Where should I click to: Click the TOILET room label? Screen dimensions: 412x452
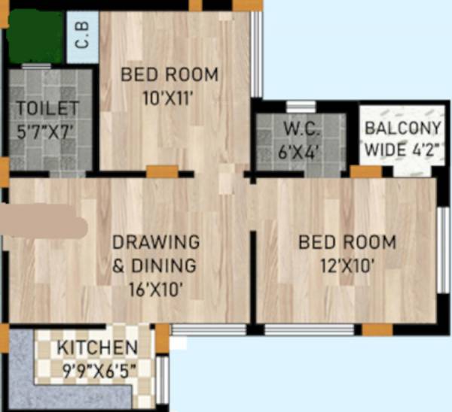(x=47, y=109)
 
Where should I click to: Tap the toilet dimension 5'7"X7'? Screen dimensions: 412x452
(x=47, y=129)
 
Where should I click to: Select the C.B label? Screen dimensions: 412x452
(x=82, y=38)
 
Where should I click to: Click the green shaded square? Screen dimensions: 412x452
(x=35, y=36)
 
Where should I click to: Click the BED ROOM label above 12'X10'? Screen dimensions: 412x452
(x=347, y=243)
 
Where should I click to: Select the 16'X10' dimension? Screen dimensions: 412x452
(x=156, y=287)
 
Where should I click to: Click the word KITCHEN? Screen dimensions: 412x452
(x=98, y=348)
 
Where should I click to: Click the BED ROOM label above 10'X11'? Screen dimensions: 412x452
(x=169, y=75)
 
